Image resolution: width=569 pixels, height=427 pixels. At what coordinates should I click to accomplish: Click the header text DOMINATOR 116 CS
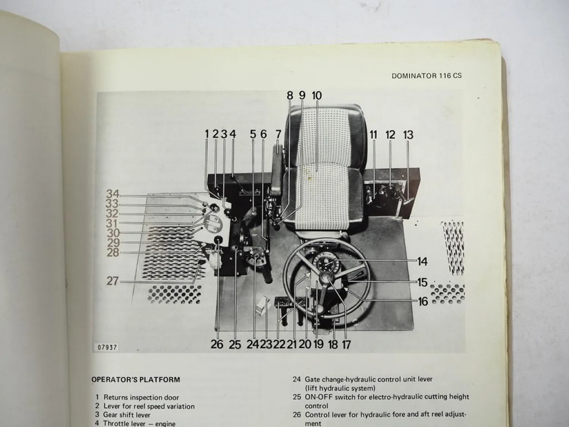tap(426, 76)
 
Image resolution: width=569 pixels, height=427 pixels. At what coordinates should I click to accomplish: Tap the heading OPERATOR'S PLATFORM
tap(135, 380)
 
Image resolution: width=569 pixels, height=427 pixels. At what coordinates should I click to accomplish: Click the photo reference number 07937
tap(107, 347)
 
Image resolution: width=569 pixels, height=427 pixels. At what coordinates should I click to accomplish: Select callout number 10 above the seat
tap(316, 95)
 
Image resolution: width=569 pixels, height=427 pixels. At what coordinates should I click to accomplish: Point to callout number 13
tap(408, 135)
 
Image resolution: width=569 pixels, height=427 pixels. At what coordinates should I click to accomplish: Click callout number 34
tap(113, 194)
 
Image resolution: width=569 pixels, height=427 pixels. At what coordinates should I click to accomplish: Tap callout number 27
tap(112, 281)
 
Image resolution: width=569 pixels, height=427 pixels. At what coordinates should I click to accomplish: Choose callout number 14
tap(422, 262)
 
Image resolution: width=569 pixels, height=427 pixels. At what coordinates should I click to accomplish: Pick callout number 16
tap(423, 301)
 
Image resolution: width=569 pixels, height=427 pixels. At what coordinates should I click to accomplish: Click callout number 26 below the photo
tap(217, 345)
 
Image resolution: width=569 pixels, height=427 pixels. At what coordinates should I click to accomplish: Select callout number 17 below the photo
tap(346, 345)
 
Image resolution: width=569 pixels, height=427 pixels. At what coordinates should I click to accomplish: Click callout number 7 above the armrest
tap(278, 134)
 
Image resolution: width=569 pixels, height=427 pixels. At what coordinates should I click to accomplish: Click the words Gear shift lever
tap(127, 415)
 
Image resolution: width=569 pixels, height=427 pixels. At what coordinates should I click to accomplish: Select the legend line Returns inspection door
tap(141, 397)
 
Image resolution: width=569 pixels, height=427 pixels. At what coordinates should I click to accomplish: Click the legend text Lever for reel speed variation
tap(149, 406)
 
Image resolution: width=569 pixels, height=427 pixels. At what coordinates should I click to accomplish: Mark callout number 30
tap(113, 233)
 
